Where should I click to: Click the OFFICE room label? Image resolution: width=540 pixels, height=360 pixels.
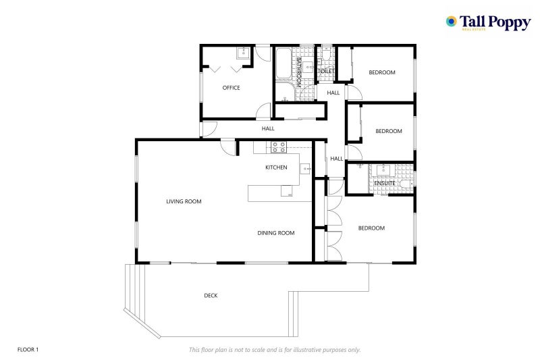click(231, 88)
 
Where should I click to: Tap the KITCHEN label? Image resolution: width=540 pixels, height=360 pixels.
click(276, 168)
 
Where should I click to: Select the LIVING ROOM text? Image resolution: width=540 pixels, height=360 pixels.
click(184, 201)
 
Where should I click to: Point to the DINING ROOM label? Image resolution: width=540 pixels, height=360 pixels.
click(276, 233)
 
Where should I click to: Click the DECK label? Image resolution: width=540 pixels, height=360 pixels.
click(211, 296)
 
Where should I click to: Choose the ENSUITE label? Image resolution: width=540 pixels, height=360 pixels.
click(385, 183)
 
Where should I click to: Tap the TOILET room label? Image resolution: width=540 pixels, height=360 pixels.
click(326, 72)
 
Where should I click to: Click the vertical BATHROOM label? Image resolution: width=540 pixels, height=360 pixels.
click(298, 72)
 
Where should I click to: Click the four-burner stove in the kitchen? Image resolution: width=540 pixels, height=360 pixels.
click(279, 147)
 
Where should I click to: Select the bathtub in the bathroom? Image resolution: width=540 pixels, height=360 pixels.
click(283, 63)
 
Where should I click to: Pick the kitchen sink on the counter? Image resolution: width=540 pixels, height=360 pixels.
click(306, 169)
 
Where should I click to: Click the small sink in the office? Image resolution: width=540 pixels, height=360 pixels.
click(244, 53)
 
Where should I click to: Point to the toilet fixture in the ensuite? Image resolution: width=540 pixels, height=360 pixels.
click(406, 184)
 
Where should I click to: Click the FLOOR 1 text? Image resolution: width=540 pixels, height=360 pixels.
click(28, 350)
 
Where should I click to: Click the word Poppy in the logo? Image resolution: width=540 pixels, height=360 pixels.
click(510, 23)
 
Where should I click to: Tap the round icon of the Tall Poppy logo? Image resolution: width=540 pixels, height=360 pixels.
click(451, 22)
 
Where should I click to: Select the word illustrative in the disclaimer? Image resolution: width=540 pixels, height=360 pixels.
click(300, 350)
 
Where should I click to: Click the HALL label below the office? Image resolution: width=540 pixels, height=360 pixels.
click(268, 128)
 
